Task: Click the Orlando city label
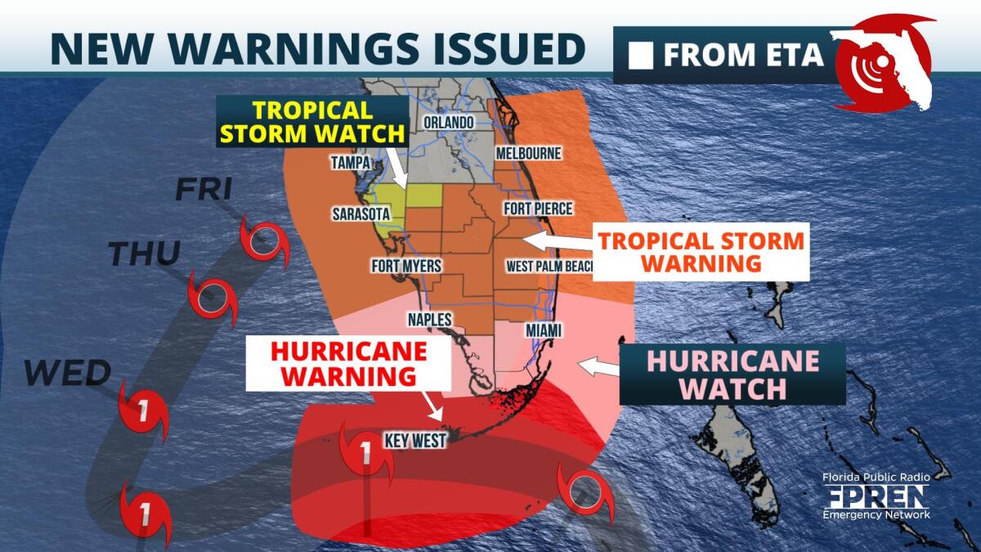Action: [x=449, y=123]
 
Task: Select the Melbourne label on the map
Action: [x=528, y=153]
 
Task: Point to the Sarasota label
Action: [x=361, y=214]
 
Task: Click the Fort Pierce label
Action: [x=538, y=209]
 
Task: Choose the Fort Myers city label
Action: [x=406, y=266]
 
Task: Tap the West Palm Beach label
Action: [x=548, y=266]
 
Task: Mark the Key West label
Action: [x=417, y=441]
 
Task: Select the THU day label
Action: [x=145, y=254]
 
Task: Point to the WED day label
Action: [x=67, y=374]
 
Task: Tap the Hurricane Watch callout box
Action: [x=732, y=374]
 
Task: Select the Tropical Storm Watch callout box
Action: [x=311, y=122]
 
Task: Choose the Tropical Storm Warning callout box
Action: [x=700, y=252]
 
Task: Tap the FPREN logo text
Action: [x=876, y=496]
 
